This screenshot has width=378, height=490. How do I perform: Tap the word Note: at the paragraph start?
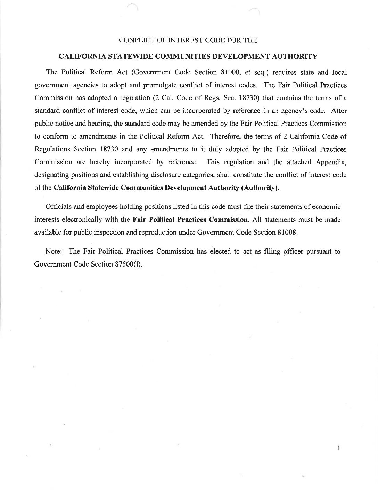tap(54, 252)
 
